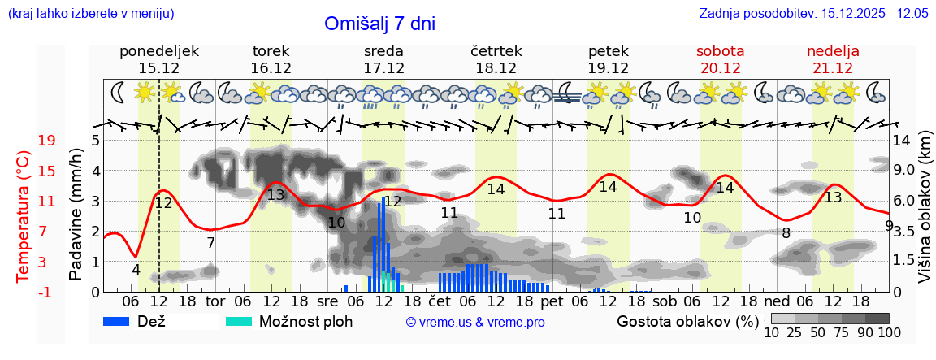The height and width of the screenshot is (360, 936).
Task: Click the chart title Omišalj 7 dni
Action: [x=379, y=24]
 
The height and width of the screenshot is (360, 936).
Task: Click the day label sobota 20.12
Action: [x=720, y=59]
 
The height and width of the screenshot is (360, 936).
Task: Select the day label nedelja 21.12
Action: [x=833, y=59]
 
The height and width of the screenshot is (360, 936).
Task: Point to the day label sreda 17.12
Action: [x=383, y=59]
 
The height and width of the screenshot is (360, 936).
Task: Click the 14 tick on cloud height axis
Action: [x=902, y=141]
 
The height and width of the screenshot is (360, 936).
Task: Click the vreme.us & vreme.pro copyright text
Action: [x=475, y=323]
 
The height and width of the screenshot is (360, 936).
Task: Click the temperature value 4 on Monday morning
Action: [x=136, y=270]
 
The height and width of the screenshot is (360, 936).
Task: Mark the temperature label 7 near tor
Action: [x=210, y=242]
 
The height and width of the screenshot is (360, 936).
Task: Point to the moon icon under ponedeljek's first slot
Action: [x=119, y=92]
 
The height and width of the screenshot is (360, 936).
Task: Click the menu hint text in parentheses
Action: [x=90, y=14]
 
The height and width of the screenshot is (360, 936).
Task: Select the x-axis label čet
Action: [x=439, y=301]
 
